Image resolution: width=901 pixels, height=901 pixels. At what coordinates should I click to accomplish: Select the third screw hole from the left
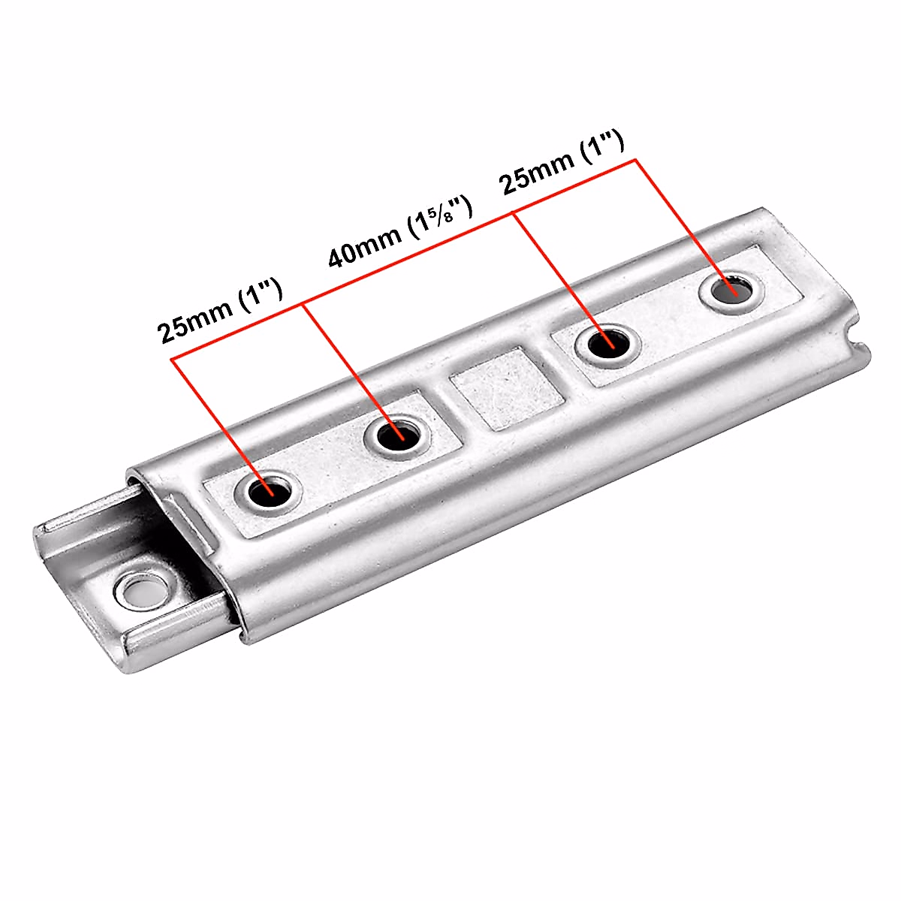pyautogui.click(x=608, y=345)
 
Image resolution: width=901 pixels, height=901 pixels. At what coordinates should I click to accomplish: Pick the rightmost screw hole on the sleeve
pyautogui.click(x=731, y=291)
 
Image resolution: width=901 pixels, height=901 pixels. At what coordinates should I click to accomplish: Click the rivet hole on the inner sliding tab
pyautogui.click(x=143, y=591)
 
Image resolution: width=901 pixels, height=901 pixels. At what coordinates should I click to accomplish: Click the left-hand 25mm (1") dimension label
pyautogui.click(x=219, y=309)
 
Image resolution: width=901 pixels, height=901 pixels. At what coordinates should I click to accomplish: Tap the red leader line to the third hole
pyautogui.click(x=559, y=278)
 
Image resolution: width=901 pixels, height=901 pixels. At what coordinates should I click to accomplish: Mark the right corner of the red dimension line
pyautogui.click(x=635, y=159)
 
